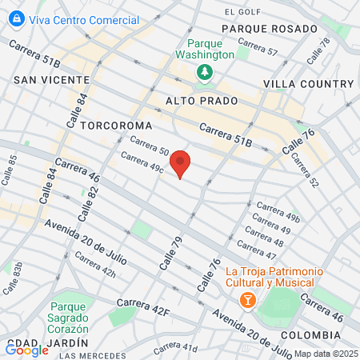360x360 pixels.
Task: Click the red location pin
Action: (181, 163)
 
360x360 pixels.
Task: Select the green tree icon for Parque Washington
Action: (206, 72)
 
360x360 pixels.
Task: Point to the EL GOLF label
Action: (243, 12)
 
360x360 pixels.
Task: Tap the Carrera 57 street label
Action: (261, 52)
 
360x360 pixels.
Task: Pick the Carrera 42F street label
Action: (144, 303)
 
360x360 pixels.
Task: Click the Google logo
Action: (26, 349)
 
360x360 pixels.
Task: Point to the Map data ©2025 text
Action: (325, 354)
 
